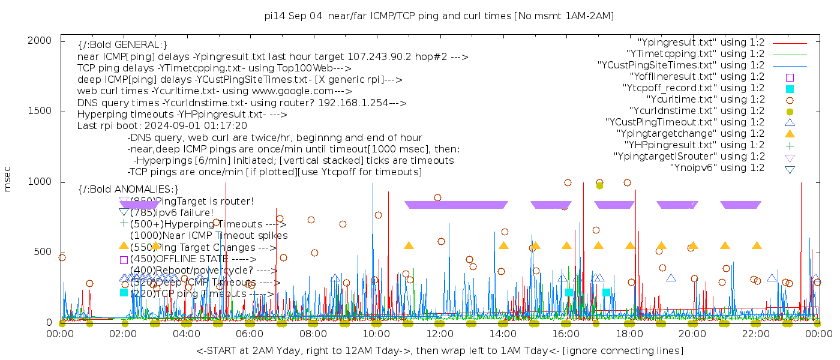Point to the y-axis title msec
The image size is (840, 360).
coord(8,178)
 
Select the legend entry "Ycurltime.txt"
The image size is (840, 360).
coord(705,99)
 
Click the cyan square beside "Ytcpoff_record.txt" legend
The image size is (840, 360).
coord(790,88)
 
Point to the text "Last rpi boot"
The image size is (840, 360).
coord(106,126)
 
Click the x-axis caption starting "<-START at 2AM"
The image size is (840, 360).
coord(439,350)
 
